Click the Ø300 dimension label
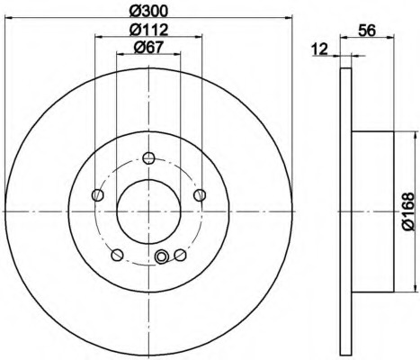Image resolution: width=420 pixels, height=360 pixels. click(x=148, y=12)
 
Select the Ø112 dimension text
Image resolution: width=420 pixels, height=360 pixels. click(x=148, y=30)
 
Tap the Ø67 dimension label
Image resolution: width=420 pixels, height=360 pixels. click(x=148, y=48)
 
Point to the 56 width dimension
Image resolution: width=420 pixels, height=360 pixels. click(x=367, y=31)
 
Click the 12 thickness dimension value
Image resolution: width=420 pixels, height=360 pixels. click(x=320, y=49)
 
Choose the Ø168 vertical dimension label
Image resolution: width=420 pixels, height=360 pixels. click(x=408, y=211)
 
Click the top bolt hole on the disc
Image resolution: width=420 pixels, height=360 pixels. click(x=148, y=157)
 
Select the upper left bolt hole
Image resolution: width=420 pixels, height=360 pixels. click(x=97, y=195)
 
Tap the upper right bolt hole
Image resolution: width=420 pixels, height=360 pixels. click(x=200, y=195)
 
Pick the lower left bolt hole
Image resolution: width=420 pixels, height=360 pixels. click(x=117, y=255)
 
